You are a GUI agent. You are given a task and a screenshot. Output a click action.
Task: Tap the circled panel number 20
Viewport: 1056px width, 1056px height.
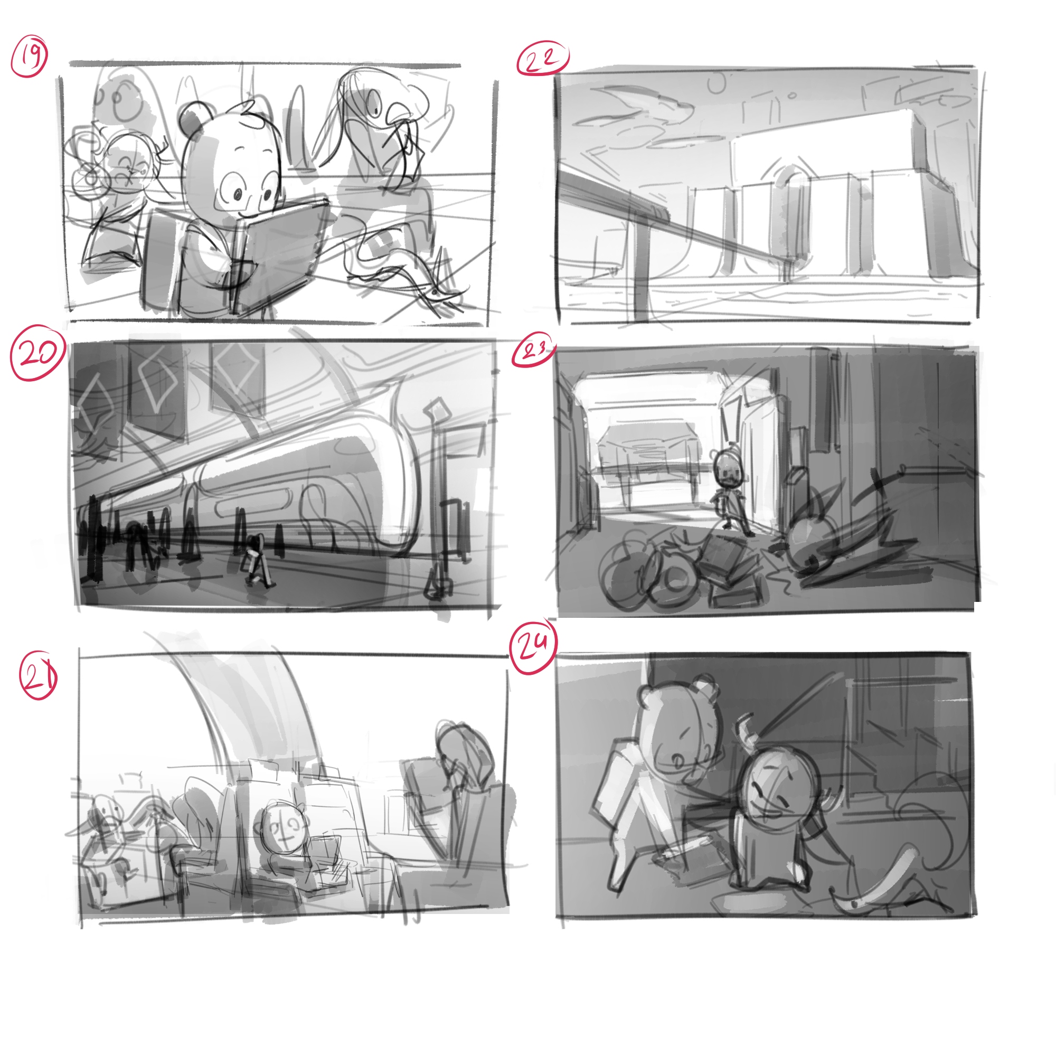pyautogui.click(x=37, y=353)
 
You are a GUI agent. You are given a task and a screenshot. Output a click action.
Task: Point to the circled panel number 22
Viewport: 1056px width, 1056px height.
pyautogui.click(x=542, y=58)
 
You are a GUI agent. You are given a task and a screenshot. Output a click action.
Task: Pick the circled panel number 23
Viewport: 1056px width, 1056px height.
pyautogui.click(x=533, y=352)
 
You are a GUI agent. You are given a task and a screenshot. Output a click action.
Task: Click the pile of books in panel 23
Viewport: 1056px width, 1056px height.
pyautogui.click(x=727, y=571)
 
